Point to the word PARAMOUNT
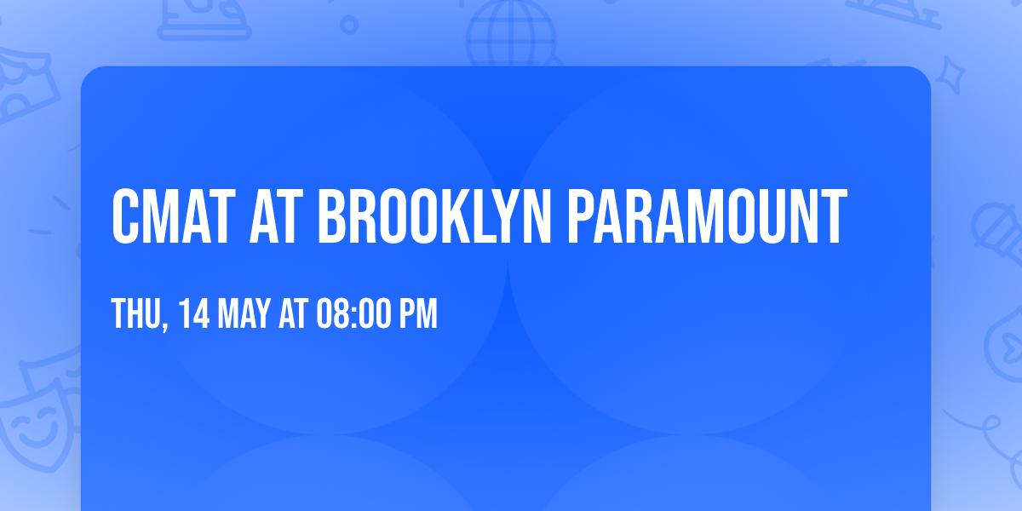pyautogui.click(x=708, y=218)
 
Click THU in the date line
pyautogui.click(x=132, y=314)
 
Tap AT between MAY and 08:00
pyautogui.click(x=294, y=314)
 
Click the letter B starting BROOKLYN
pyautogui.click(x=335, y=218)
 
